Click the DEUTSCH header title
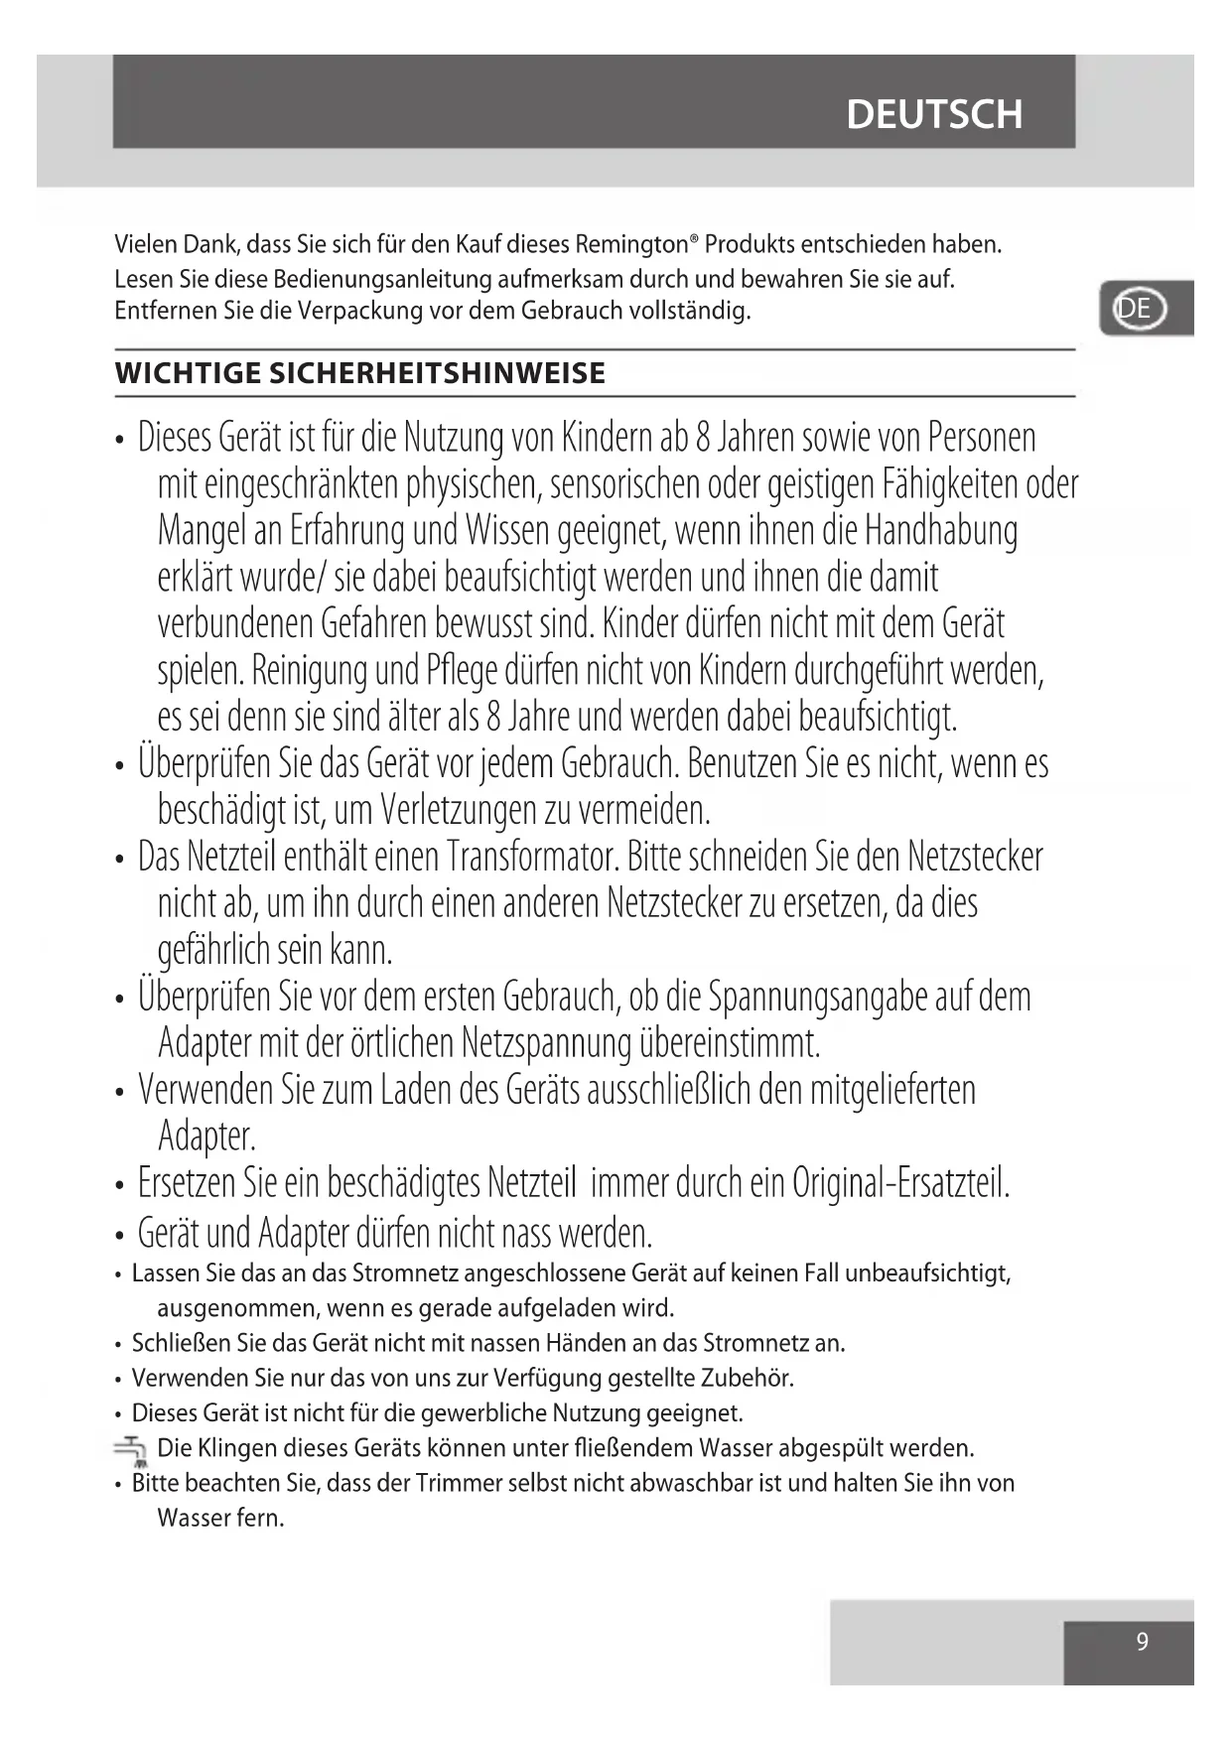[933, 115]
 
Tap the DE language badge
[1138, 309]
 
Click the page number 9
[1142, 1642]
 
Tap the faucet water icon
[130, 1450]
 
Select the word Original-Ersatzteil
[900, 1183]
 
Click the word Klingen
[237, 1448]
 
